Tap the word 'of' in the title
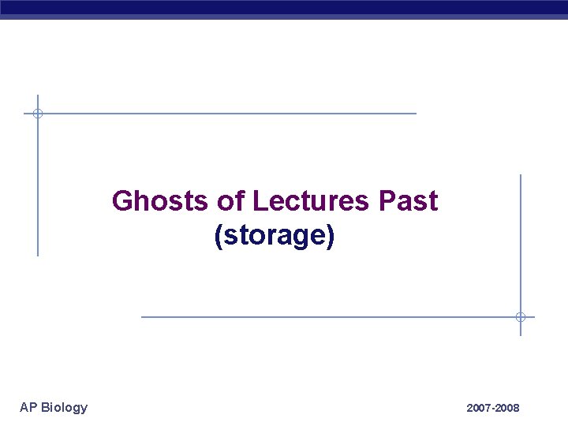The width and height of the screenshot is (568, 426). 230,201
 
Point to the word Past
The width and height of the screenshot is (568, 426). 408,201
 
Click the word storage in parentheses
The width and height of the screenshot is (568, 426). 275,236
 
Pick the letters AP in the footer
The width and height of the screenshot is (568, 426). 28,407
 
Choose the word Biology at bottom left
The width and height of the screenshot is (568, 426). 65,407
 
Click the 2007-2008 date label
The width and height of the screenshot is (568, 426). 493,408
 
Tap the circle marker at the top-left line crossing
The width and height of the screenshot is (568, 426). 37,114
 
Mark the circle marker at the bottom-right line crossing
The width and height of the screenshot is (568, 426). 521,317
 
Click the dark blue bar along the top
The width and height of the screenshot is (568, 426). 284,8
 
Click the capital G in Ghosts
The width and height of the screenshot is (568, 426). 123,201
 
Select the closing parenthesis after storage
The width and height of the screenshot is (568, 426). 331,236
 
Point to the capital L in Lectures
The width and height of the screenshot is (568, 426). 260,201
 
